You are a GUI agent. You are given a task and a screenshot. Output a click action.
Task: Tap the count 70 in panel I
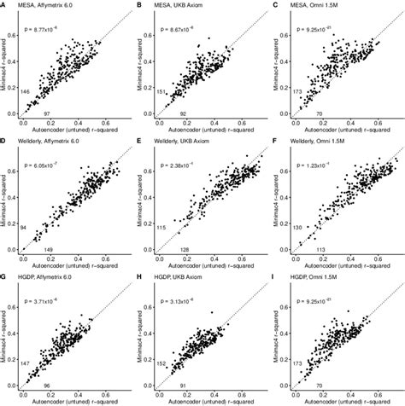pos(318,385)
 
